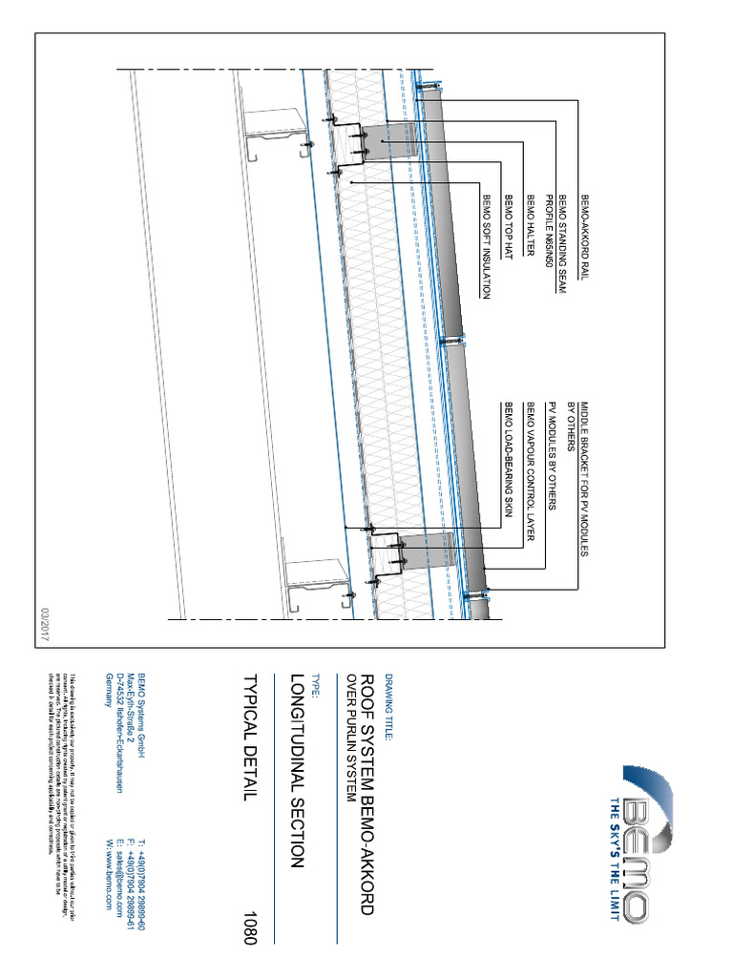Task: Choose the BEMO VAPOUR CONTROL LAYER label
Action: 529,471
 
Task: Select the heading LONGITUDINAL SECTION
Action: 296,769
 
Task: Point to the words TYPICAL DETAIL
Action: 251,738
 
